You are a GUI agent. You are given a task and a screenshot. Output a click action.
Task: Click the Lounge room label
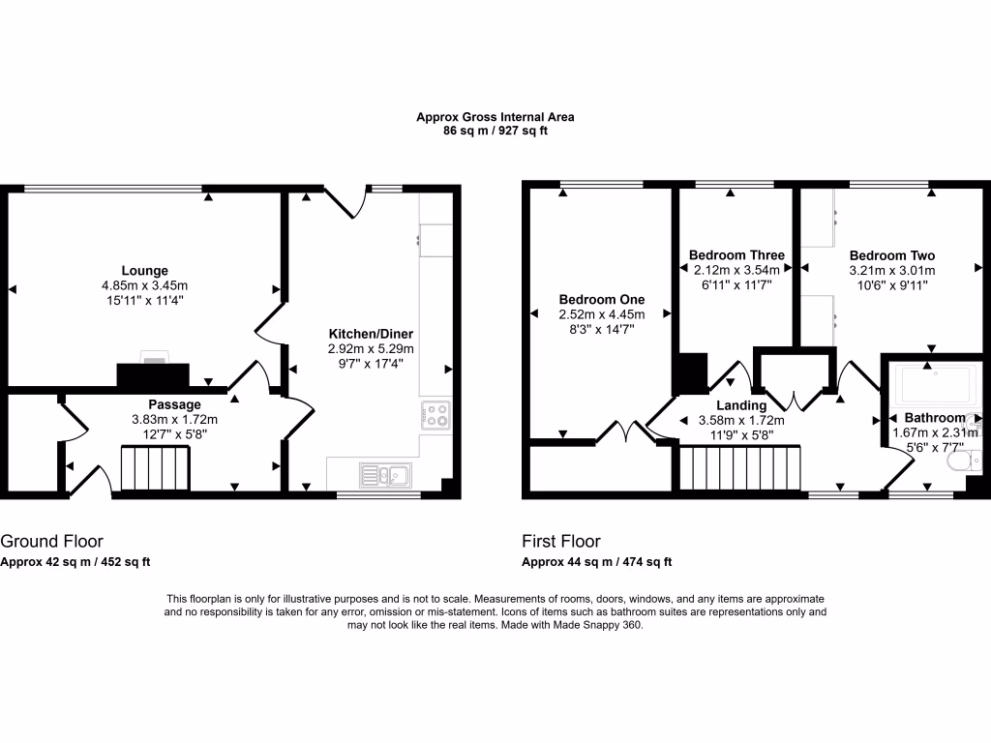click(144, 271)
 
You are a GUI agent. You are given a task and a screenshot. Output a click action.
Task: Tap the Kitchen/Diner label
click(372, 334)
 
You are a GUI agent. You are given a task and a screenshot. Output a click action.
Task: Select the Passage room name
click(174, 404)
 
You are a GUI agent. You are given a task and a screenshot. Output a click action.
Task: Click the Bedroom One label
click(601, 300)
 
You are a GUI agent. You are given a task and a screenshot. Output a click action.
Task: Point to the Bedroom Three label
click(736, 255)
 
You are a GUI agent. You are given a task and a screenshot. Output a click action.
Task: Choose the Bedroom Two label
click(891, 255)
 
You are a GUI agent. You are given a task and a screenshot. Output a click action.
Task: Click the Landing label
click(741, 405)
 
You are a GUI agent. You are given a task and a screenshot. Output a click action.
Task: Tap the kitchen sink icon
click(385, 474)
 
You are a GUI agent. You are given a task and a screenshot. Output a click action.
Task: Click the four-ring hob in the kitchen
click(436, 415)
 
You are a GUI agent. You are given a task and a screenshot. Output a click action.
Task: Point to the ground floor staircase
click(154, 469)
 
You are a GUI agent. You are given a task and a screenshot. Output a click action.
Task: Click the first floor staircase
click(741, 469)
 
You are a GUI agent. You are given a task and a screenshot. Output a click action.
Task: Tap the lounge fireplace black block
click(153, 376)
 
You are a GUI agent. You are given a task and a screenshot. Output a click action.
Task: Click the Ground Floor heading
click(51, 542)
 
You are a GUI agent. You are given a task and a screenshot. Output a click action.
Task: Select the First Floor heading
click(561, 542)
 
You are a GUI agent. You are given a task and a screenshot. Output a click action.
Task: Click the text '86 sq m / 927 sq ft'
click(495, 131)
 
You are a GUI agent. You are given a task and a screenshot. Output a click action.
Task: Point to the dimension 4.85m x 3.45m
click(144, 286)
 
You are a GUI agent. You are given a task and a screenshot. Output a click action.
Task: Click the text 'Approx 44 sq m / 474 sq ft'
click(597, 562)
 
